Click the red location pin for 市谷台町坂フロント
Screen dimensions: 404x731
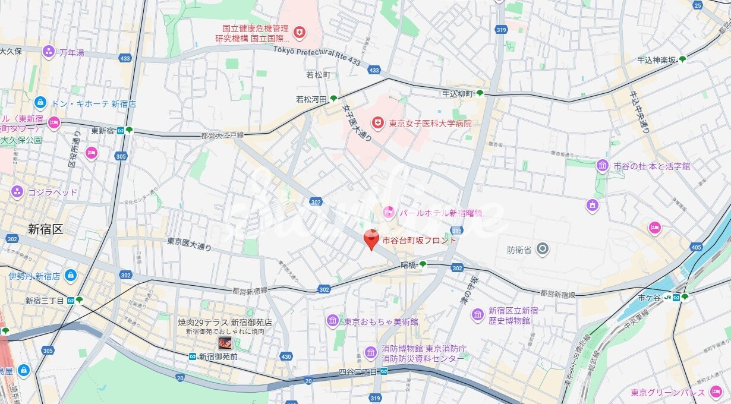(371, 239)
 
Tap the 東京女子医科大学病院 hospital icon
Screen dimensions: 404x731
(377, 123)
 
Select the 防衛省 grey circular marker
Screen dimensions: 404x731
(542, 249)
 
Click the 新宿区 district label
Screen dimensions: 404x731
(45, 229)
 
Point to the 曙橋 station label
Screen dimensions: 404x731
(408, 264)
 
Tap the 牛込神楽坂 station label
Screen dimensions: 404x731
(656, 59)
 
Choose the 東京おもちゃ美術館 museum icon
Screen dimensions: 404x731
(333, 321)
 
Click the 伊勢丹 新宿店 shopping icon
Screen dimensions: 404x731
(71, 276)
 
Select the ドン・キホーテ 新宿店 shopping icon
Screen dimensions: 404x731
(40, 103)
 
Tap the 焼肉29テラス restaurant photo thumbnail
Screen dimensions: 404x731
(225, 343)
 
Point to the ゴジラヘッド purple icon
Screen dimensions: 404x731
(17, 192)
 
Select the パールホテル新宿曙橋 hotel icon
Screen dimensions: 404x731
(388, 212)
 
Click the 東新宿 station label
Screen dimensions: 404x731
(102, 130)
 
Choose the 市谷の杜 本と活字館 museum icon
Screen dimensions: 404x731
(602, 166)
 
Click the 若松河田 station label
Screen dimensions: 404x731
(312, 99)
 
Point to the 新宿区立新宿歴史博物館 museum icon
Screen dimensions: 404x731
(478, 314)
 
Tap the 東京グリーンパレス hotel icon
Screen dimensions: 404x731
(716, 392)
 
